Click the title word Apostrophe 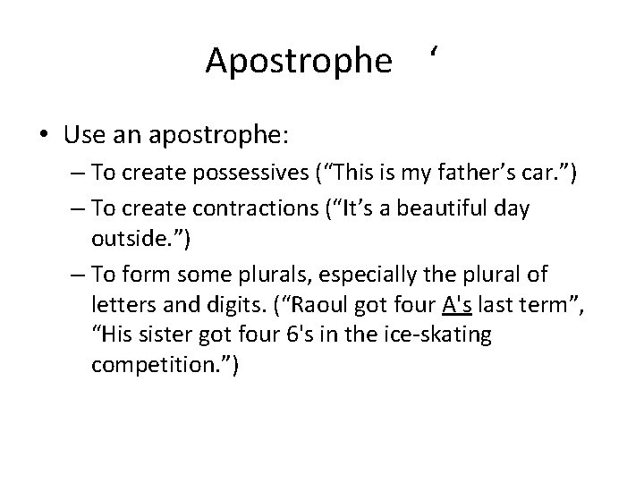[x=298, y=62]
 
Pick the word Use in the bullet [x=83, y=136]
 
